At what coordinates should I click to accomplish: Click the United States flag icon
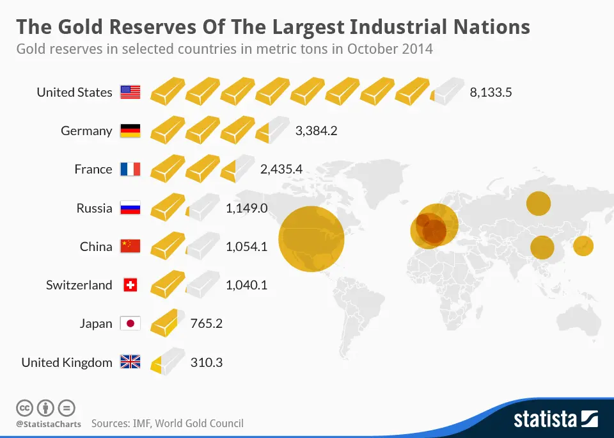tap(130, 92)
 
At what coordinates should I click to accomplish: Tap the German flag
tap(130, 131)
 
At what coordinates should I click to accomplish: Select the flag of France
tap(130, 169)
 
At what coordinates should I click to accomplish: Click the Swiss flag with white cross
tap(130, 285)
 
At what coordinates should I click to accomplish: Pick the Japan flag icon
tap(130, 323)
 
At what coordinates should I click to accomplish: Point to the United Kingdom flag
tap(130, 362)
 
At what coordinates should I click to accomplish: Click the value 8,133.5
tap(491, 93)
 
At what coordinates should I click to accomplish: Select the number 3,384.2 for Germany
tap(316, 131)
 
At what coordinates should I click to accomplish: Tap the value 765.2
tap(207, 323)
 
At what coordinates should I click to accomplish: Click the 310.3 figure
tap(207, 362)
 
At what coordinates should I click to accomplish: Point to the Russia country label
tap(95, 208)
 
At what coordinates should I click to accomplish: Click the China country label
tap(96, 247)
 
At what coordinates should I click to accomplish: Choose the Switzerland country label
tap(79, 285)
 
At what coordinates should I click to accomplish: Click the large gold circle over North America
tap(311, 239)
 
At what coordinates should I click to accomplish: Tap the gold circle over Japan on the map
tap(583, 246)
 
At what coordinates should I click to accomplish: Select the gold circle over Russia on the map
tap(539, 204)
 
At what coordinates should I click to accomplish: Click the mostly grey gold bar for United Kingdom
tap(168, 362)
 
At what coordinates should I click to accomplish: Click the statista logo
tap(556, 419)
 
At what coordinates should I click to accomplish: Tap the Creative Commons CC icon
tap(24, 409)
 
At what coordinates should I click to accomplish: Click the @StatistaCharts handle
tap(49, 424)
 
